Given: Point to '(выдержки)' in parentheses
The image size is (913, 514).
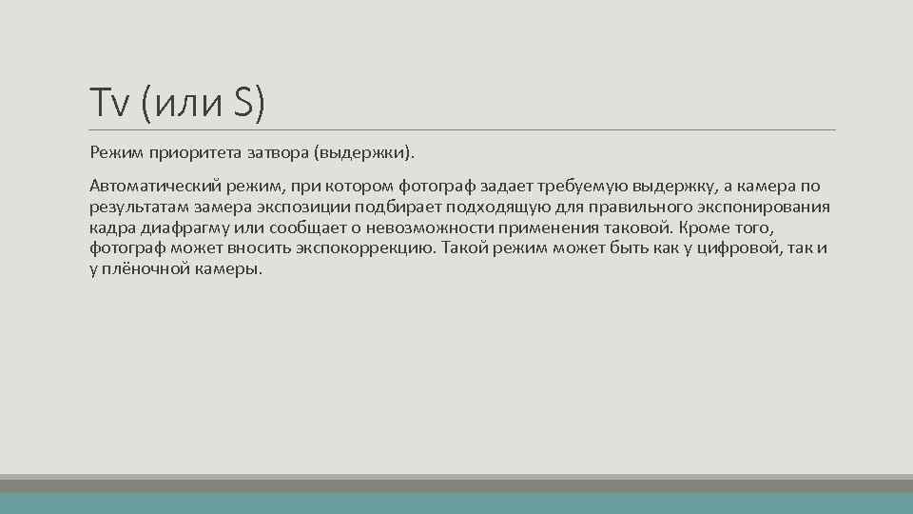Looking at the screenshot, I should (366, 152).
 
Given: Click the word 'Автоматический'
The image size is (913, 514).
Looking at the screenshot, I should (148, 186).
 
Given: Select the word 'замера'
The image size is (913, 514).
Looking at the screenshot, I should (220, 207).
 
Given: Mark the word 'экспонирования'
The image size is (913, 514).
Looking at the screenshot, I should (769, 207).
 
